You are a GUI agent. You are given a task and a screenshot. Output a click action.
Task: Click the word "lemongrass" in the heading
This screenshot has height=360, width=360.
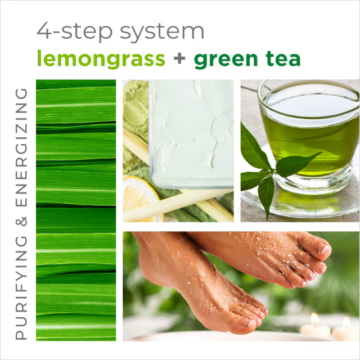101,58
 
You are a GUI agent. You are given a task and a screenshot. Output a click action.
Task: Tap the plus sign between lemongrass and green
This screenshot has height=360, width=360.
179,59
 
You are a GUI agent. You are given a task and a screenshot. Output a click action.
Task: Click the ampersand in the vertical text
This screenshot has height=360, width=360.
21,223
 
